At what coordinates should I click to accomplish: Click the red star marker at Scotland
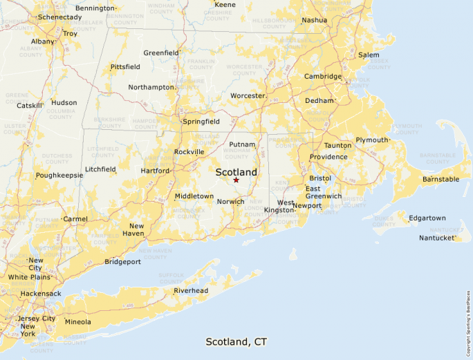pos(236,180)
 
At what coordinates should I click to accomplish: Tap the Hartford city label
pos(155,171)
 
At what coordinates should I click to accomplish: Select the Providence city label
pos(328,157)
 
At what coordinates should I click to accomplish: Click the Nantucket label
pos(438,238)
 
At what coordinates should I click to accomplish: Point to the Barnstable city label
pos(440,180)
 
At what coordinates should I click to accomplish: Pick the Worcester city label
pos(248,95)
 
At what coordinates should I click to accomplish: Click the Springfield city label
pos(201,122)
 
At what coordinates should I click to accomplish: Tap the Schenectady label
pos(59,17)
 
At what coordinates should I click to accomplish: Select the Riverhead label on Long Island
pos(190,291)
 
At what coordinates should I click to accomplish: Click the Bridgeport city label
pos(122,262)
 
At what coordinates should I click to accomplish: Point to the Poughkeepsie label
pos(59,176)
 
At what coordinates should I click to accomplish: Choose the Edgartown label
pos(427,218)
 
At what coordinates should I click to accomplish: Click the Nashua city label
pos(314,20)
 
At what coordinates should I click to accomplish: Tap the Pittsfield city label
pos(125,67)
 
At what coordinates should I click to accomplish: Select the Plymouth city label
pos(372,140)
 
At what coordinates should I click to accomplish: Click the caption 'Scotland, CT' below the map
pos(236,342)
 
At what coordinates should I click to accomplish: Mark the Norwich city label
pos(230,202)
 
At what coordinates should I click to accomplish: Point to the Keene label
pos(225,5)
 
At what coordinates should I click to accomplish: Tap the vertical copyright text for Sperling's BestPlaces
pos(467,318)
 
